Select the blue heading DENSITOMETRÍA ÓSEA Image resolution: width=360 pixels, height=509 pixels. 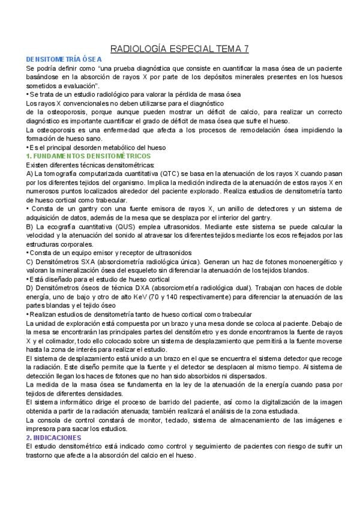64,59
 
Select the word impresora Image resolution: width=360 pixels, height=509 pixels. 43,429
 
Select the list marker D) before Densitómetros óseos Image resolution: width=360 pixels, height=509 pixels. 30,288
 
